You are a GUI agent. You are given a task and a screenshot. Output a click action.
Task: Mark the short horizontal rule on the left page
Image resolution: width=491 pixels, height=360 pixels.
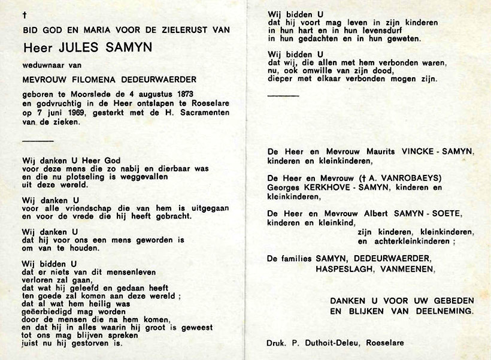click(x=37, y=141)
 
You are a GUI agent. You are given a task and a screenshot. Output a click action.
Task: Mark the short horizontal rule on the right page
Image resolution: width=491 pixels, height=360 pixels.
click(x=283, y=95)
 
